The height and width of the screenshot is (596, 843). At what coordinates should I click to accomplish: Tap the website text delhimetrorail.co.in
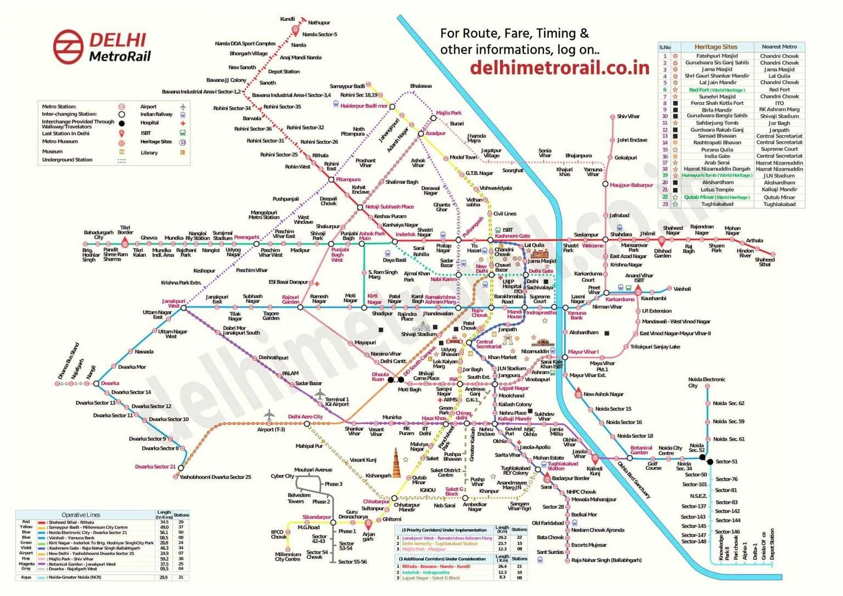[559, 67]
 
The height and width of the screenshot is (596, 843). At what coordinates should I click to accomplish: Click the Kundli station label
[287, 19]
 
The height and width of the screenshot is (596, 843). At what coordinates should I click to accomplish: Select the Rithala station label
[320, 155]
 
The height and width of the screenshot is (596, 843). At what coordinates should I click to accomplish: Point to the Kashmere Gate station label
[513, 236]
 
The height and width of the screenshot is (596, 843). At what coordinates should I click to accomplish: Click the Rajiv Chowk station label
[479, 313]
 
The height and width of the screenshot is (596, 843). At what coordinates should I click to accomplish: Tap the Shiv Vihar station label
[628, 116]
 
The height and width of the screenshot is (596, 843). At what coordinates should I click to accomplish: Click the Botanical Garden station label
[641, 450]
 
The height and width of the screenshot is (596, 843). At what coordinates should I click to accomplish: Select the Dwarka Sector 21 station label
[155, 466]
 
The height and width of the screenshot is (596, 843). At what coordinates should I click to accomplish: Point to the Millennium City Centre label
[288, 556]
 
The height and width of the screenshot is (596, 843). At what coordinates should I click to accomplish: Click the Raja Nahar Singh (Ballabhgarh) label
[606, 560]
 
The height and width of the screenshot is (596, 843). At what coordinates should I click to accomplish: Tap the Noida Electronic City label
[706, 382]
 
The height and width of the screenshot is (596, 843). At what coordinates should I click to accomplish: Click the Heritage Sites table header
[716, 47]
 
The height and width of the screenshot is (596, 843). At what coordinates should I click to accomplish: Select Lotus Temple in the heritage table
[717, 189]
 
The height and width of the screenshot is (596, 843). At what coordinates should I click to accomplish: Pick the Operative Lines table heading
[81, 515]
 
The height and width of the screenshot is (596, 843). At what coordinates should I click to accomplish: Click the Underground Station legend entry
[67, 160]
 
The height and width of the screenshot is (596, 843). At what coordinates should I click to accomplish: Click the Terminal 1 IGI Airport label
[336, 402]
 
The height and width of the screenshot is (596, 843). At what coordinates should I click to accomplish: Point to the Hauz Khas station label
[434, 418]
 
